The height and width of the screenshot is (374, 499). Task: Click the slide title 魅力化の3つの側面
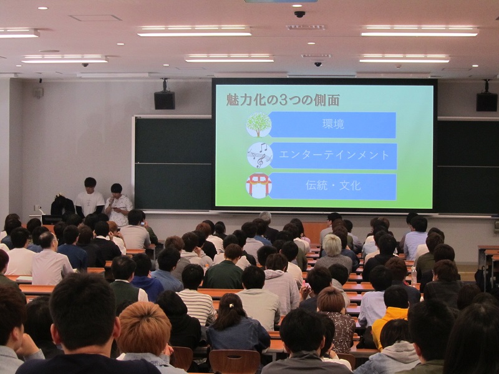283,100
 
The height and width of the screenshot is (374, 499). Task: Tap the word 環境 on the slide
333,124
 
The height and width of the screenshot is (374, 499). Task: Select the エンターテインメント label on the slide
334,155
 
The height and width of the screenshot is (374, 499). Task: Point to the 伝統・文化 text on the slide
333,185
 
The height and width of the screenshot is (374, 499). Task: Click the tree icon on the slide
259,125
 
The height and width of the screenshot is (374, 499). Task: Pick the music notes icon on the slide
259,155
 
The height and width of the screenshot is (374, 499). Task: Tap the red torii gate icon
259,185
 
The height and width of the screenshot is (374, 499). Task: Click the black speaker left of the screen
165,100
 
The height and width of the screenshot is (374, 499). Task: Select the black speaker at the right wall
487,102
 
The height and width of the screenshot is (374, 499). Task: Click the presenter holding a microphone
118,204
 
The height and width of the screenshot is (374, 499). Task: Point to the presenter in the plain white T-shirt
89,198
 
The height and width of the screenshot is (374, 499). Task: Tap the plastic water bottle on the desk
414,276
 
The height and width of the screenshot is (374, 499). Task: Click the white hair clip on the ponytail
231,305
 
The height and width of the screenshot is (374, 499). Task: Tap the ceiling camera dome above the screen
299,14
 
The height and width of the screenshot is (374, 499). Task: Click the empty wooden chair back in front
235,362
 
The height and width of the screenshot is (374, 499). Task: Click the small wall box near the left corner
39,92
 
